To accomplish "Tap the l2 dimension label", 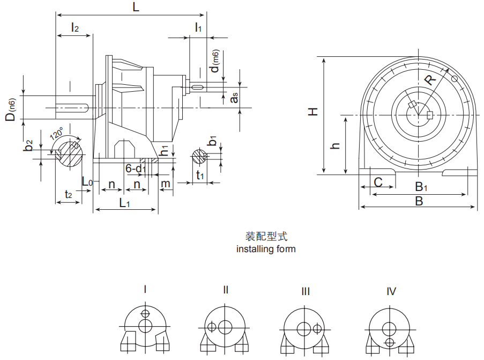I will click(75, 28).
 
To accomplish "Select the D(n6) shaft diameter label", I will click(11, 109).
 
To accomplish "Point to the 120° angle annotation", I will click(56, 133).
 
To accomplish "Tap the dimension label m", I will click(166, 184).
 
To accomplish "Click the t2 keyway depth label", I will click(69, 194).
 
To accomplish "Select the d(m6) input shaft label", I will click(214, 62).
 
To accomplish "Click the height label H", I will click(313, 112).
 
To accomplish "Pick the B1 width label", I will click(421, 187).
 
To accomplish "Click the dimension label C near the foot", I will click(378, 182).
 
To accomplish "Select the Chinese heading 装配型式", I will click(266, 237).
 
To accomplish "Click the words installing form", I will click(266, 249).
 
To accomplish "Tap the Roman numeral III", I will click(306, 291).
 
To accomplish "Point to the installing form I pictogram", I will click(145, 328).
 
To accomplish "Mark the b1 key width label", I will click(213, 142).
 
